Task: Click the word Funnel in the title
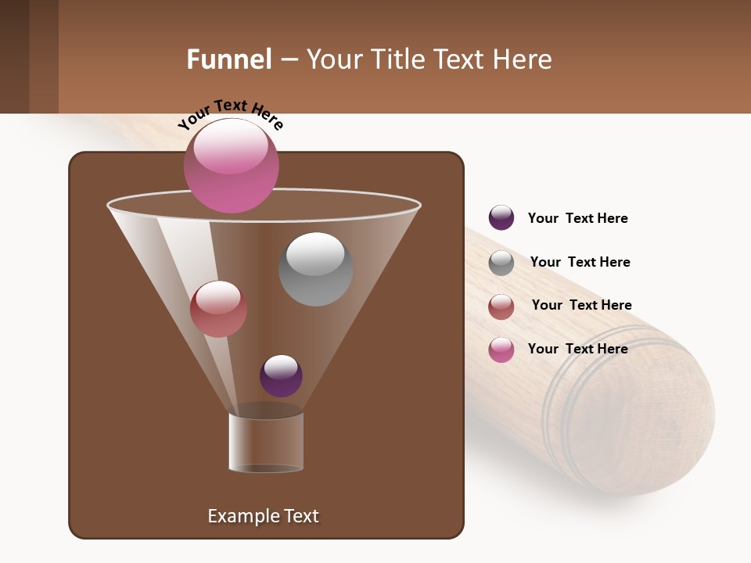point(229,59)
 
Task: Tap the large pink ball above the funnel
point(231,165)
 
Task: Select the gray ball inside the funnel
point(315,269)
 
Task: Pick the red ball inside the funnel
point(218,309)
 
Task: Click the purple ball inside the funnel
point(281,375)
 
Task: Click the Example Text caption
point(263,516)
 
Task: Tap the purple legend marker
point(501,217)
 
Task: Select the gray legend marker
point(501,263)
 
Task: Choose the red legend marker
point(501,307)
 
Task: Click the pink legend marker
point(501,350)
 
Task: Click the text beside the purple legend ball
point(577,218)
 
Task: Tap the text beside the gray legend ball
point(580,262)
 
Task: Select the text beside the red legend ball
point(581,305)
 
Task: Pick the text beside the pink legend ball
point(577,349)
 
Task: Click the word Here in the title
point(521,59)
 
